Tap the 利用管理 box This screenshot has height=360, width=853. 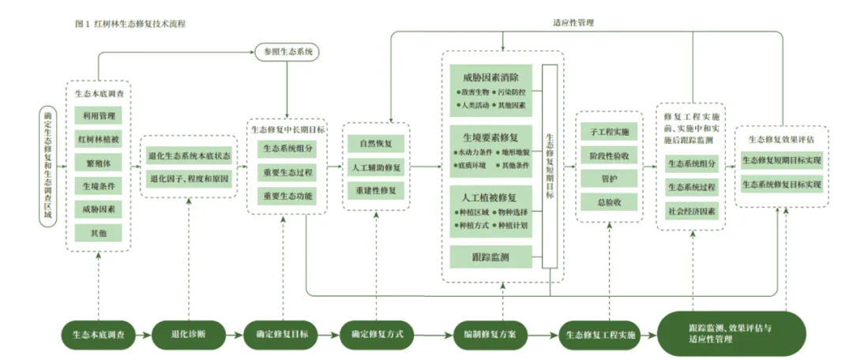click(x=98, y=116)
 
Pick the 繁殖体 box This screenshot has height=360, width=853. click(x=98, y=163)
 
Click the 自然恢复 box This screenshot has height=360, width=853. click(x=376, y=144)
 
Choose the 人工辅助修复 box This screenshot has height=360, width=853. click(x=376, y=167)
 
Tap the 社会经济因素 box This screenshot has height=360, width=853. click(x=692, y=212)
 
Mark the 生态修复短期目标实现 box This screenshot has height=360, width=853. click(x=781, y=161)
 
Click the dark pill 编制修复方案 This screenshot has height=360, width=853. click(x=490, y=334)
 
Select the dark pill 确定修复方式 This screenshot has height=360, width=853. click(x=377, y=334)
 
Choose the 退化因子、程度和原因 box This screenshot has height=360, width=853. click(x=190, y=180)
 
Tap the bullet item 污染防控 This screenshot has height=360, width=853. click(x=512, y=92)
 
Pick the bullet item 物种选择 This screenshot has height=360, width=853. click(x=512, y=213)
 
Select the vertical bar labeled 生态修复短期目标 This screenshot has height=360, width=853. click(x=551, y=166)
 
